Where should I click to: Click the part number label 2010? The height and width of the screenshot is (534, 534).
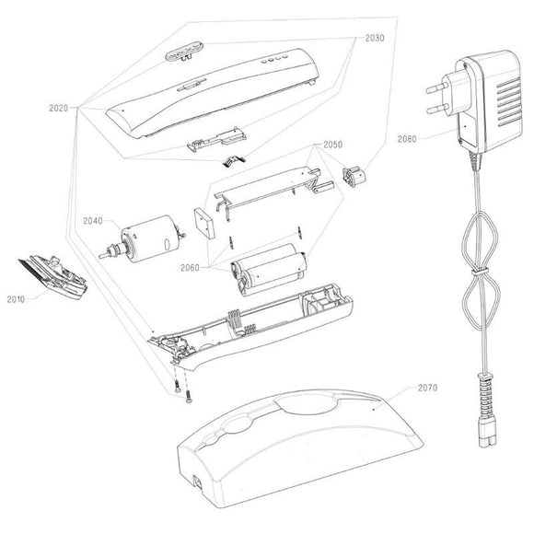16,299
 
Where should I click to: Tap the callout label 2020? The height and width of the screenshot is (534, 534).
59,109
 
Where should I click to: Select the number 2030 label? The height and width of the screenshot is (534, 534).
375,38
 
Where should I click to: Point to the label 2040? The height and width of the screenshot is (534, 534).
93,221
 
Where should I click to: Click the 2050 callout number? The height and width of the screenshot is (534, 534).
332,145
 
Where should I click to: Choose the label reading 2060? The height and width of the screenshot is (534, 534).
190,268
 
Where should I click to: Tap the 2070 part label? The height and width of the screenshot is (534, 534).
427,388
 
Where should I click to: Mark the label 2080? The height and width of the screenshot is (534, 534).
407,139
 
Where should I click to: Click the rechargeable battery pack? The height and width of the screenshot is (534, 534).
268,270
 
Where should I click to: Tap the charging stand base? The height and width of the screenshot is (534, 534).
300,449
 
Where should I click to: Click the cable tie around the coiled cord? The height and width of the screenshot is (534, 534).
480,273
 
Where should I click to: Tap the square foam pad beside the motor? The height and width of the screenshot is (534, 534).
204,223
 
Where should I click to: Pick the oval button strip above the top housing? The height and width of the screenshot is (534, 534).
184,51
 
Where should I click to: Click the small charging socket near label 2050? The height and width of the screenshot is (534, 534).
354,176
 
